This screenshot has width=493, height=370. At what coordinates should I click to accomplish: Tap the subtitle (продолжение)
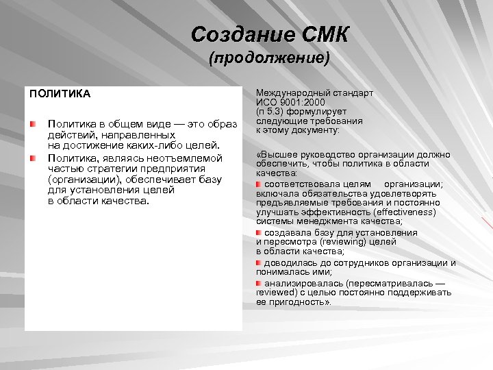point(270,59)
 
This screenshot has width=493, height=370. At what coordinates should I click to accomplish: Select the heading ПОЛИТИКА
point(60,92)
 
